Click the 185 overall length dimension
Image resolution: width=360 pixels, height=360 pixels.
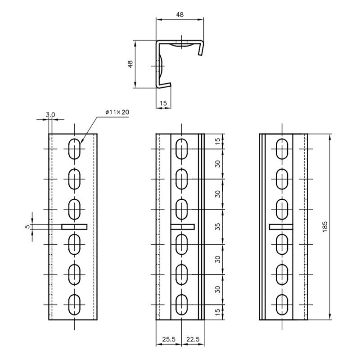coord(324,227)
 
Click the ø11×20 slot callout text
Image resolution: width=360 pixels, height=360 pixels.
coord(117,112)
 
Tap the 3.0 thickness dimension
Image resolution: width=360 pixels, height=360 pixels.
coord(50,114)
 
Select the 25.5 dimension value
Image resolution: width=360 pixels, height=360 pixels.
coord(169,339)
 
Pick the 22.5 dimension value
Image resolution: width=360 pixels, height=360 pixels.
coord(193,339)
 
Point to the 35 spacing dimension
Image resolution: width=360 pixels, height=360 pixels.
coord(218,227)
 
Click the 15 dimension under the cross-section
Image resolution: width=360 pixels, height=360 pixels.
coord(163,103)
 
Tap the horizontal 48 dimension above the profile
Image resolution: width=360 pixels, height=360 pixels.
coord(180,14)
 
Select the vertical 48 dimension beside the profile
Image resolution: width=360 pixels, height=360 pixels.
coord(130,64)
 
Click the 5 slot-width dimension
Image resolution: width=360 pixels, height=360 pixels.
coord(27,227)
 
